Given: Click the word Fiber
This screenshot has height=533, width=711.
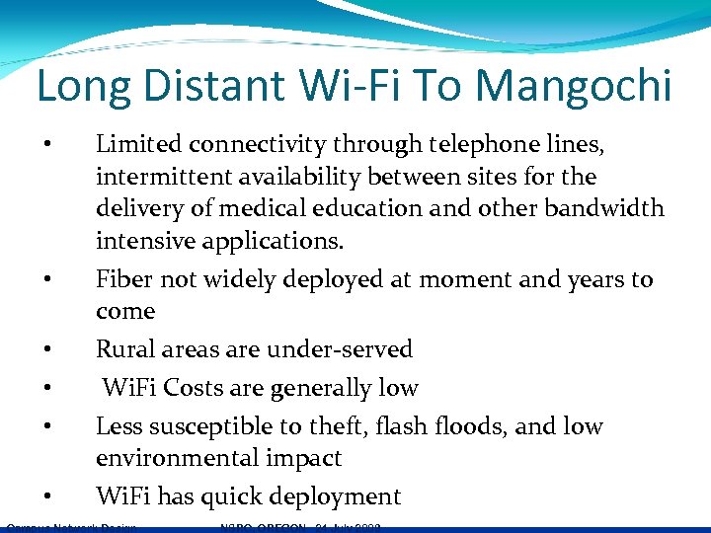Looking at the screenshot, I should pos(124,279).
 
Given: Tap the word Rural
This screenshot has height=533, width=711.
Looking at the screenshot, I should pos(125,349).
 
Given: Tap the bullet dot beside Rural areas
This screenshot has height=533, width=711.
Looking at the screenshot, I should pos(46,349).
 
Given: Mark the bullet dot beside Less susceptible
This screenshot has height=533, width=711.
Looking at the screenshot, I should pos(46,426).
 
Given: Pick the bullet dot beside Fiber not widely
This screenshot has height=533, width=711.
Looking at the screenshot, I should pos(46,279).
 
